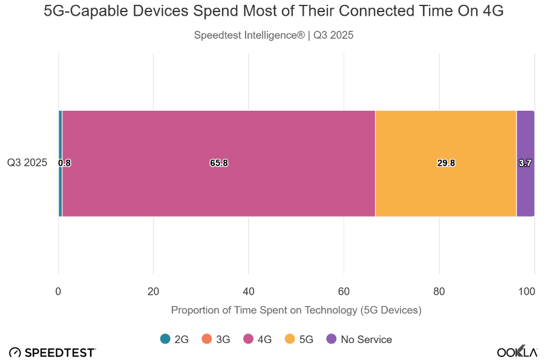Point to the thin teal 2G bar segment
point(61,142)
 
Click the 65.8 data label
point(219,163)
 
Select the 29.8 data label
point(446,163)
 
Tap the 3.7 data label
point(525,163)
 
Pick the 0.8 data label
point(64,163)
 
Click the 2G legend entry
point(174,339)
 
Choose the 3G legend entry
point(216,339)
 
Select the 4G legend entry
point(258,339)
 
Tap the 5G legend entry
point(299,339)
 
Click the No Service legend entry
point(359,339)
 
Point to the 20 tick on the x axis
point(153,292)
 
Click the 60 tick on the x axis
point(344,292)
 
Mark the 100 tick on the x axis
point(526,292)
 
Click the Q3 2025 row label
point(27,162)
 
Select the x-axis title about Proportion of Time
point(296,310)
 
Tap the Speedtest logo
point(52,353)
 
